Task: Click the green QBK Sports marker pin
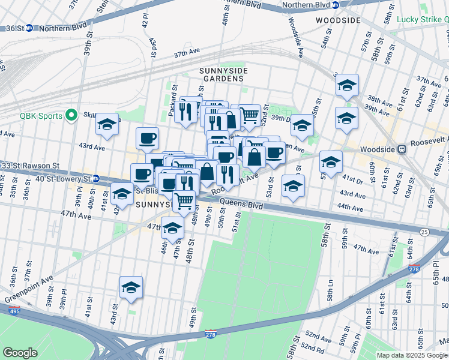click(x=71, y=114)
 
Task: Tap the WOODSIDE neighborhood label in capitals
click(x=339, y=20)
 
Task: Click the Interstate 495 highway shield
click(x=13, y=310)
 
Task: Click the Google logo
click(x=20, y=353)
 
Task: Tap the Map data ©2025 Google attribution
click(x=412, y=355)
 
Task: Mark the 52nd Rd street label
click(x=313, y=347)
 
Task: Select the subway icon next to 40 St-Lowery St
click(x=95, y=178)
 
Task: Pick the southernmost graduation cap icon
click(x=130, y=288)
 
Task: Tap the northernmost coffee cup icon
click(x=147, y=139)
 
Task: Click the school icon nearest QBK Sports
click(x=107, y=125)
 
